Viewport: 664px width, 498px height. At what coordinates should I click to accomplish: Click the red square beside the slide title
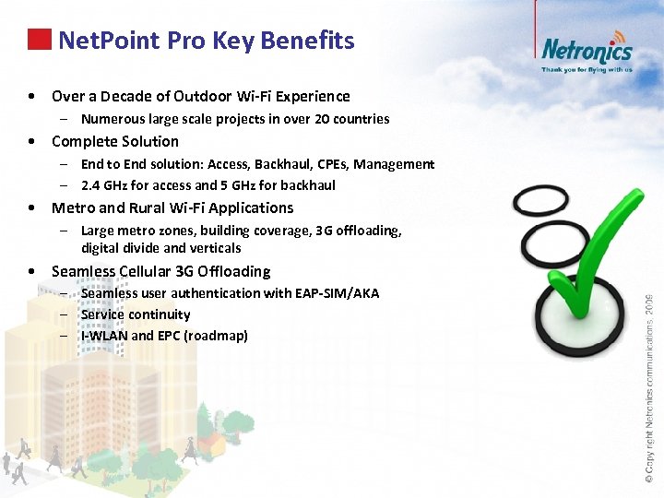click(40, 40)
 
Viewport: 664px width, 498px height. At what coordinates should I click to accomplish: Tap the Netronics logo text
click(586, 49)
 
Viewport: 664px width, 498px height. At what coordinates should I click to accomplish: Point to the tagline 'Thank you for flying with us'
click(587, 69)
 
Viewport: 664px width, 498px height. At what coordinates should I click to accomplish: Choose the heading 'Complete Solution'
click(115, 141)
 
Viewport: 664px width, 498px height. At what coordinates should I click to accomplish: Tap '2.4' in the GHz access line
click(92, 184)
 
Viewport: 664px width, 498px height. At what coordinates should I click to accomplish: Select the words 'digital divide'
click(121, 247)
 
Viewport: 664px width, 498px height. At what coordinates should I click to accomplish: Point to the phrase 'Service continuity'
click(136, 314)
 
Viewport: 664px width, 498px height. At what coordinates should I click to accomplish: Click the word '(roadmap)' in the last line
click(216, 336)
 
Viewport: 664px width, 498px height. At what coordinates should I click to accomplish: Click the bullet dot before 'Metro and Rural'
click(32, 208)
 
